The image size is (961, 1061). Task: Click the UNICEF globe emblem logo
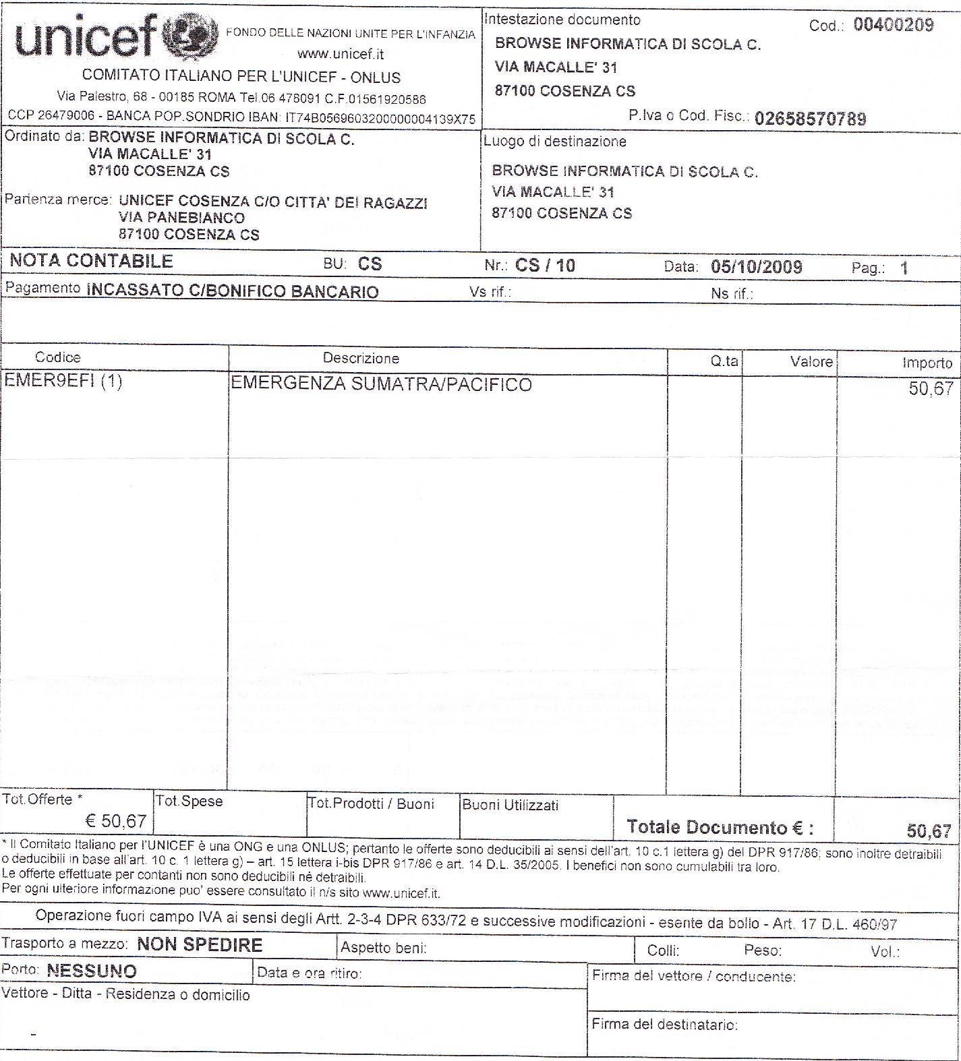pyautogui.click(x=191, y=36)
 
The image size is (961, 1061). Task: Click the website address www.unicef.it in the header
pyautogui.click(x=340, y=54)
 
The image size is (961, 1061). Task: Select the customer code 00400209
pyautogui.click(x=893, y=26)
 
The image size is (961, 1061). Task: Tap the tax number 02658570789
pyautogui.click(x=810, y=119)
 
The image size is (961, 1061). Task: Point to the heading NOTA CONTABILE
pyautogui.click(x=91, y=262)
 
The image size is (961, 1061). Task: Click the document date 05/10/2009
pyautogui.click(x=756, y=267)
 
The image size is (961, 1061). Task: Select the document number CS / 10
pyautogui.click(x=545, y=266)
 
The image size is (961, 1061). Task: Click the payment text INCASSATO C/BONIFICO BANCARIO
pyautogui.click(x=233, y=292)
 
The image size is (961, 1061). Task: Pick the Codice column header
pyautogui.click(x=57, y=358)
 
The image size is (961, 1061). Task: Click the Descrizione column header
pyautogui.click(x=361, y=359)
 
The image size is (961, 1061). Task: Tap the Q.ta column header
pyautogui.click(x=724, y=361)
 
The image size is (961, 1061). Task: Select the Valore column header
pyautogui.click(x=811, y=362)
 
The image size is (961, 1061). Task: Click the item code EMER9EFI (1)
pyautogui.click(x=63, y=382)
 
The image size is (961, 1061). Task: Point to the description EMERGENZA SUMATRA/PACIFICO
pyautogui.click(x=381, y=385)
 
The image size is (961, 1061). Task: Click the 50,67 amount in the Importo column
pyautogui.click(x=931, y=389)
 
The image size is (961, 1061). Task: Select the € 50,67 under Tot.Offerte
pyautogui.click(x=116, y=821)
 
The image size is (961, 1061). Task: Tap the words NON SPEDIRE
pyautogui.click(x=200, y=945)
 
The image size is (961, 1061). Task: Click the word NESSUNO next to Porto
pyautogui.click(x=92, y=971)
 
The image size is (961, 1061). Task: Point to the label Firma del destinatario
pyautogui.click(x=664, y=1025)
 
